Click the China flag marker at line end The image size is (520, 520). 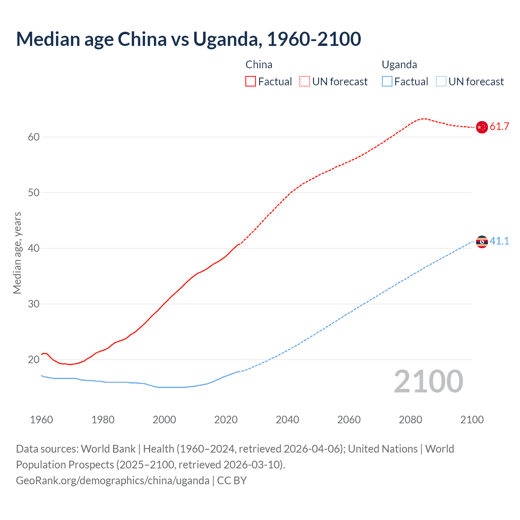(482, 127)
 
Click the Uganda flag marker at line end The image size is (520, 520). (482, 242)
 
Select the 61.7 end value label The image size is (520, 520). (499, 127)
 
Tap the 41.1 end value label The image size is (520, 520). (499, 241)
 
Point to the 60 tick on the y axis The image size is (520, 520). (34, 137)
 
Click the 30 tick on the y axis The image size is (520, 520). (34, 304)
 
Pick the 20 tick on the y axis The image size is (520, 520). (34, 360)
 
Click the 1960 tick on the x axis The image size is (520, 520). (41, 420)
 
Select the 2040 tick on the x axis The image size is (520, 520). (287, 420)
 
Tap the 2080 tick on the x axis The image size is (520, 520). (410, 420)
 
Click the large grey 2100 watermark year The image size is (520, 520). (428, 381)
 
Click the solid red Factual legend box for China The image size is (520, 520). (251, 82)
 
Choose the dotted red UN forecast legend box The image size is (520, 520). (305, 82)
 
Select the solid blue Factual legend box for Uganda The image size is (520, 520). (387, 82)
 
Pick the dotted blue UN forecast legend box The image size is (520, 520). (441, 82)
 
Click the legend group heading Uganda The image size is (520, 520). (399, 65)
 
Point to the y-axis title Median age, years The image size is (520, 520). (17, 253)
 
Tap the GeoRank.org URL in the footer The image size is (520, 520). (113, 481)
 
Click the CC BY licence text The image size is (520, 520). (232, 481)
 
